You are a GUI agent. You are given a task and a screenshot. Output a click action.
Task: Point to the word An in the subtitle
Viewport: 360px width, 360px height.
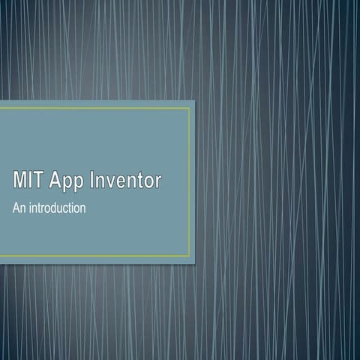pyautogui.click(x=19, y=208)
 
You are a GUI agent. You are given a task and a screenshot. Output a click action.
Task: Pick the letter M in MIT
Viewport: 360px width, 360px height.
pyautogui.click(x=20, y=181)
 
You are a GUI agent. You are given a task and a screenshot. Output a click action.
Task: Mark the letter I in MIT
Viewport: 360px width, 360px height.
pyautogui.click(x=31, y=181)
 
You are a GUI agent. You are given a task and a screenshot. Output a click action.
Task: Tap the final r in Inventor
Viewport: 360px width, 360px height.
pyautogui.click(x=157, y=182)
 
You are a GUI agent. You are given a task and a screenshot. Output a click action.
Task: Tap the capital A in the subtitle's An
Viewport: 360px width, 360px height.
pyautogui.click(x=16, y=208)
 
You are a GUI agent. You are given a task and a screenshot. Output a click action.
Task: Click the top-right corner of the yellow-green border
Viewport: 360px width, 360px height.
pyautogui.click(x=189, y=107)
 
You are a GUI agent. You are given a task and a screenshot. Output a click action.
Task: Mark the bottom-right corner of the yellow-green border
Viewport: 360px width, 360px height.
pyautogui.click(x=189, y=256)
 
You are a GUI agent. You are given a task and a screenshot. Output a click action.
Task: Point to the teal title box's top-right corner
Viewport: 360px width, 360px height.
pyautogui.click(x=195, y=100)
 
